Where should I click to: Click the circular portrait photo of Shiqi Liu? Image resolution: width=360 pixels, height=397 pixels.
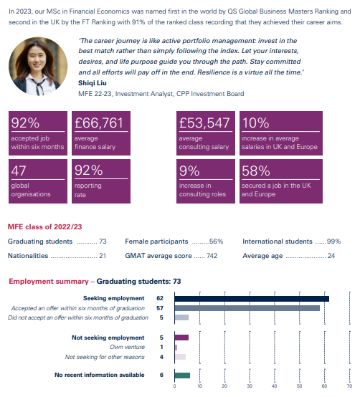click(38, 67)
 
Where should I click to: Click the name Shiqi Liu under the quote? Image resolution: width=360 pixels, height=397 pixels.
click(93, 83)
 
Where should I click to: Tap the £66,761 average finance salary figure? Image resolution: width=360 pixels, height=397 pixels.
click(99, 123)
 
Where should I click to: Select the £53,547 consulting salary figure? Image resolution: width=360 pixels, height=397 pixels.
click(204, 123)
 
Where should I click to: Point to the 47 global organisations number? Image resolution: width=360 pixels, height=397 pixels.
click(19, 171)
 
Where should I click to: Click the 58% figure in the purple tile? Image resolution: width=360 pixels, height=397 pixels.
click(256, 171)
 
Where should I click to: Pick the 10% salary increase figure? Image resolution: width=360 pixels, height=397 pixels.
click(255, 123)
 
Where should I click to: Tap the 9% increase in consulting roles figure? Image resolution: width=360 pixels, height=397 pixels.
click(189, 171)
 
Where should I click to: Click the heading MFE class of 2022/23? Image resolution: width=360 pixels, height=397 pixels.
click(45, 226)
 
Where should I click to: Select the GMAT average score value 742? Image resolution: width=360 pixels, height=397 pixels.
click(212, 256)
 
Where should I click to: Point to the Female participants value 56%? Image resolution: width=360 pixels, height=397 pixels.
click(217, 241)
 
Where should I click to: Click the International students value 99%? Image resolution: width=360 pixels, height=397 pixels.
click(334, 241)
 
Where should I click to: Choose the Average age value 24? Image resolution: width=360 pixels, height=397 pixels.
click(331, 256)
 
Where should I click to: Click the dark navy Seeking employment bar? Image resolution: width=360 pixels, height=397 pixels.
click(252, 299)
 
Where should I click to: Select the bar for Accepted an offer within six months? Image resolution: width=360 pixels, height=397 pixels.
click(247, 308)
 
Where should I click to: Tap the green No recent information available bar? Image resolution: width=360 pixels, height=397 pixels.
click(182, 376)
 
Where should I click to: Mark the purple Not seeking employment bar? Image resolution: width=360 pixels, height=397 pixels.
click(181, 338)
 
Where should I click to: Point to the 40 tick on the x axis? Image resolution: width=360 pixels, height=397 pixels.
click(275, 386)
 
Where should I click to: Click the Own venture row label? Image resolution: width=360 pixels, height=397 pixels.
click(127, 347)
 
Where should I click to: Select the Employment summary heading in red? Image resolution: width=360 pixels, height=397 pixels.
click(49, 282)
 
